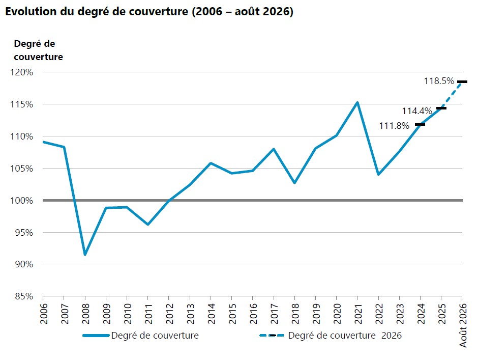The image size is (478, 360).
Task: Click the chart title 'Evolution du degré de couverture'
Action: point(97,11)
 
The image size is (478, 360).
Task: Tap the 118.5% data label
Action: point(439,81)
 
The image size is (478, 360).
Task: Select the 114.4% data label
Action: point(417,111)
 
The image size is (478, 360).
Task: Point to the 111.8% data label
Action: point(394,125)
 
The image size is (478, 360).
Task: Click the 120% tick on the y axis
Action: point(22,72)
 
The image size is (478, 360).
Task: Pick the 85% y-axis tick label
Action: point(24,296)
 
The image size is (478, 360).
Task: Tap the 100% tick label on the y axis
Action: point(22,201)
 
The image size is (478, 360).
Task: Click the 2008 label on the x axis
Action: point(85,314)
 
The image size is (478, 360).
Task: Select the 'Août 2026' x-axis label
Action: point(463,325)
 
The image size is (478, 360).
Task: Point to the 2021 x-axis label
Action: point(358,314)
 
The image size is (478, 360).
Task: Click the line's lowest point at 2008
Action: point(85,255)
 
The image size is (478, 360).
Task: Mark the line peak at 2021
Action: point(357,102)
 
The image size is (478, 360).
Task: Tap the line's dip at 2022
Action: point(378,174)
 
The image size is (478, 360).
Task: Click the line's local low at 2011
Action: point(148,224)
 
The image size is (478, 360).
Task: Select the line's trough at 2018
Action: point(294,183)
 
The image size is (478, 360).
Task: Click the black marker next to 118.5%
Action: point(462,82)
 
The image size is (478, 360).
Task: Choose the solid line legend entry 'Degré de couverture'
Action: point(141,335)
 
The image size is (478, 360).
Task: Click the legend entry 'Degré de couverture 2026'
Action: point(331,335)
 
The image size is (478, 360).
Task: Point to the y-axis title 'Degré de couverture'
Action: point(39,50)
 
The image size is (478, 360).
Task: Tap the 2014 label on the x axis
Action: point(211,314)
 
